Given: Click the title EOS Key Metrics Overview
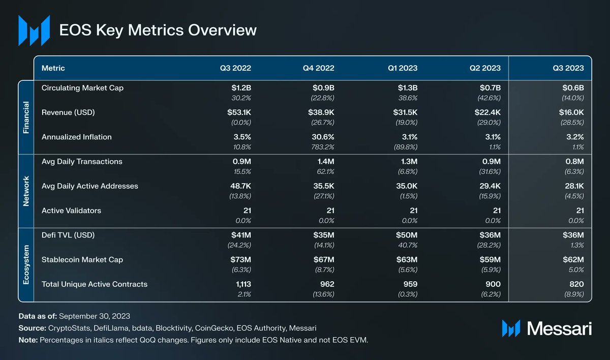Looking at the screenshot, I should click(158, 30).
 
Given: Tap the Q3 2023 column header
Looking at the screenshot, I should click(569, 68).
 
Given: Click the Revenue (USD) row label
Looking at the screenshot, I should click(68, 112).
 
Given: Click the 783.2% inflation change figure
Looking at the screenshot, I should click(322, 147).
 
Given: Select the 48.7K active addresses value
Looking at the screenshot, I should click(239, 186).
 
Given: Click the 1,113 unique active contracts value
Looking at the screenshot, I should click(240, 284).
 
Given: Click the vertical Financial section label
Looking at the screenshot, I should click(26, 117).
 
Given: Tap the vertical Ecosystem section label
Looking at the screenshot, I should click(26, 264).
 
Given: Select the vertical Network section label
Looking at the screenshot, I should click(26, 191).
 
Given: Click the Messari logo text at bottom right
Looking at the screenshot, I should click(559, 329).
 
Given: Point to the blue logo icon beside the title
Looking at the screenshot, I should click(34, 29).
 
